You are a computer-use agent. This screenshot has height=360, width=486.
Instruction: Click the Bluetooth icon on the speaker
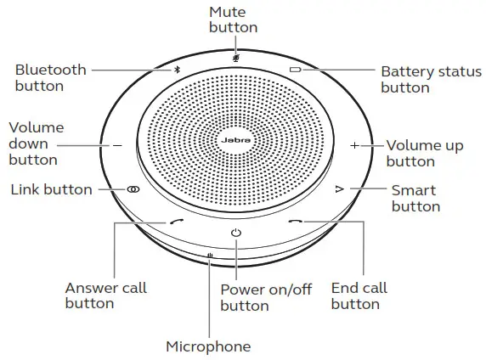(177, 70)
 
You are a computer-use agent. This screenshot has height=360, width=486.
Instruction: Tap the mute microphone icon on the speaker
(236, 58)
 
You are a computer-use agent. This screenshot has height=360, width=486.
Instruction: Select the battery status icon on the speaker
(295, 70)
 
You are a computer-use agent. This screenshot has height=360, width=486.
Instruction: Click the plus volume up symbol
(354, 145)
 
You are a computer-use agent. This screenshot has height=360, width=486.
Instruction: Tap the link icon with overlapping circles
(133, 189)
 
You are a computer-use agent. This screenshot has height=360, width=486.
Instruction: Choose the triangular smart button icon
(340, 188)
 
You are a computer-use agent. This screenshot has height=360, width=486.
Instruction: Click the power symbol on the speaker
(236, 233)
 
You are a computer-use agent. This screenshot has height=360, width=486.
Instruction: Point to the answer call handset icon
(177, 222)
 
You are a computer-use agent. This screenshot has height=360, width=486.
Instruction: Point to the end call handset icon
(296, 222)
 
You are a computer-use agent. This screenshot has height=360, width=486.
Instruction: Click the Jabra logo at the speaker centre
(236, 140)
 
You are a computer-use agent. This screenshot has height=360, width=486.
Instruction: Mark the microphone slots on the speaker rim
(210, 256)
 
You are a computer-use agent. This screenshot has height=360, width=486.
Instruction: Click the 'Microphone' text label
(208, 346)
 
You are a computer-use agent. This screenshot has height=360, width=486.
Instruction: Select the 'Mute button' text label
(233, 20)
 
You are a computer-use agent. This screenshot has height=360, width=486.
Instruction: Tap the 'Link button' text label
(52, 189)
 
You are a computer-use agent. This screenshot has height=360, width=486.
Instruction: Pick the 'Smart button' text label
(415, 199)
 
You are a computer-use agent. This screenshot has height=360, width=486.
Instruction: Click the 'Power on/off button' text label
(266, 297)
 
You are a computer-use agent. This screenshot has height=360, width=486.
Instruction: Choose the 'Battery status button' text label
(431, 79)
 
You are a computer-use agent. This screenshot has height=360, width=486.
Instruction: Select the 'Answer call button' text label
(105, 295)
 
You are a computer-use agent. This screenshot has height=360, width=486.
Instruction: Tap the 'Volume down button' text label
(37, 143)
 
